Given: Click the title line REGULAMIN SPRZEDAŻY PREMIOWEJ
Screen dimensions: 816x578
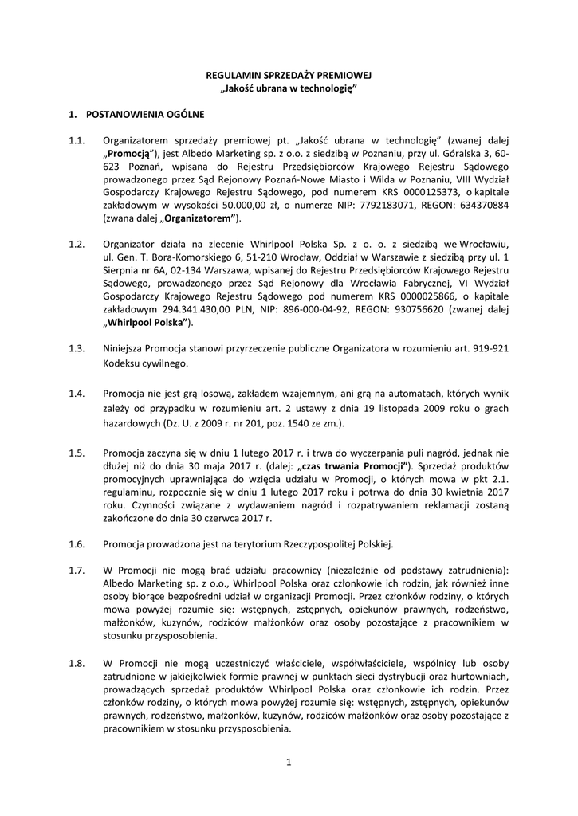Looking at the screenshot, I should click(289, 74).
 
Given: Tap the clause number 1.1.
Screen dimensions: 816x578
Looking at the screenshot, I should click(77, 140).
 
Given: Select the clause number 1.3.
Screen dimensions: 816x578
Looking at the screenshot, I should click(77, 348).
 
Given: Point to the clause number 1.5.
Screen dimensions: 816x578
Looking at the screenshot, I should click(77, 453).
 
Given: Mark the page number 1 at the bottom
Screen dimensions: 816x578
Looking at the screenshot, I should click(289, 763).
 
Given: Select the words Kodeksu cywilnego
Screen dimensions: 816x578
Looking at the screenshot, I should click(145, 363).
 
